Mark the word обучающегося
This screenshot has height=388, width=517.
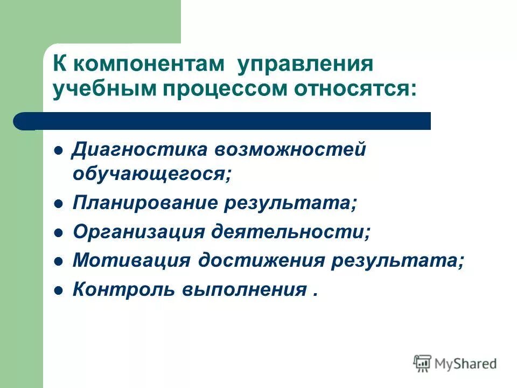pyautogui.click(x=152, y=174)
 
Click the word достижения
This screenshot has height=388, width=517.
pyautogui.click(x=261, y=261)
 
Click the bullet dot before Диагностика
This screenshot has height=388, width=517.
pyautogui.click(x=59, y=150)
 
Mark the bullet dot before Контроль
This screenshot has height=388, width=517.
pyautogui.click(x=59, y=290)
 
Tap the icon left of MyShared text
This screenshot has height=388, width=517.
pyautogui.click(x=423, y=363)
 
